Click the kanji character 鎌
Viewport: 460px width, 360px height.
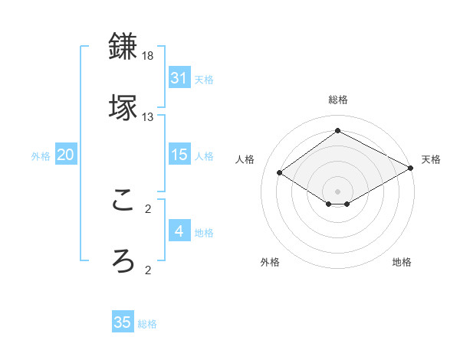pos(124,47)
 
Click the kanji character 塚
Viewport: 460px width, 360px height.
pos(124,106)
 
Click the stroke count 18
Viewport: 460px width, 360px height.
pos(148,57)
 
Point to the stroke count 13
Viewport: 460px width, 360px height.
pos(148,117)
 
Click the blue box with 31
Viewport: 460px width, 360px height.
pos(179,78)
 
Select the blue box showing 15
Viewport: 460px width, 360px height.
pos(179,155)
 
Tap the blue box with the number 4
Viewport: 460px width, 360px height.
pos(179,231)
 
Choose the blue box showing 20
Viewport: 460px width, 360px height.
pos(66,155)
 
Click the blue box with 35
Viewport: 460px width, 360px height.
pos(123,322)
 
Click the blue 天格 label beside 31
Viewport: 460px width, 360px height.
pos(204,80)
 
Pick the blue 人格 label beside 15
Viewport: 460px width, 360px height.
pos(204,156)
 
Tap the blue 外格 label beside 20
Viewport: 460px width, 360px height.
pos(41,156)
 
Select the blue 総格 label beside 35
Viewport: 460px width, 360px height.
pos(147,324)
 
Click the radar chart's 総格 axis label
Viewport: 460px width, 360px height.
pos(337,100)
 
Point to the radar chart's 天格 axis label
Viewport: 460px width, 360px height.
pos(431,159)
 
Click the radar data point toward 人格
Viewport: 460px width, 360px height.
pos(280,173)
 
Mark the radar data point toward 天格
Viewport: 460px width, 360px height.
pos(412,168)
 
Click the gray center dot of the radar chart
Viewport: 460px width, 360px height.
pos(337,190)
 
